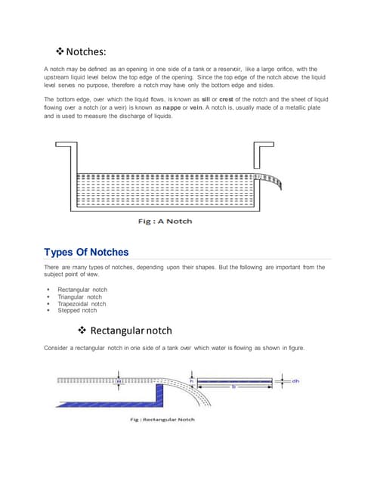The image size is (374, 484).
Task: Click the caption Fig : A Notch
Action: (165, 221)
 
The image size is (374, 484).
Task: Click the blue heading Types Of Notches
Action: (86, 252)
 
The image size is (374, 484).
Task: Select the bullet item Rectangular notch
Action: (82, 290)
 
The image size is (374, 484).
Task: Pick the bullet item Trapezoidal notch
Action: (82, 303)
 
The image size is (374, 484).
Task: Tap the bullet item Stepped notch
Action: (77, 310)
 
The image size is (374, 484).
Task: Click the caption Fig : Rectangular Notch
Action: (161, 419)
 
